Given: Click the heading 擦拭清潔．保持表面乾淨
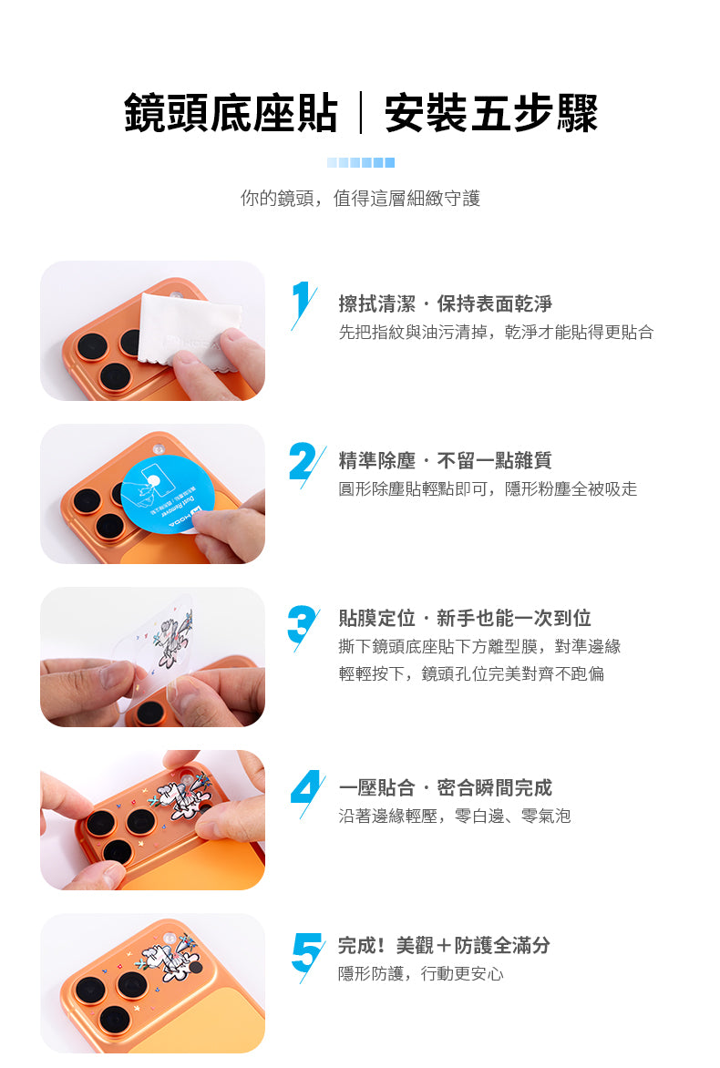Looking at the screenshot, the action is (x=446, y=303).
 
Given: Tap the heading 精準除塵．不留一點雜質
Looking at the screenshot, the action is (x=446, y=460).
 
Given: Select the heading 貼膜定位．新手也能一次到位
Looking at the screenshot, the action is (x=465, y=618).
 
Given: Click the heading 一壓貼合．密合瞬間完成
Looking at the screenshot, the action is (x=446, y=787).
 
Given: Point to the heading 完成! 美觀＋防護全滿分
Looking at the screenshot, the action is (x=444, y=945).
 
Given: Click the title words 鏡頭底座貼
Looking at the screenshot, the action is (x=231, y=112).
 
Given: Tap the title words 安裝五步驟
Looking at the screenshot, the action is (x=491, y=112).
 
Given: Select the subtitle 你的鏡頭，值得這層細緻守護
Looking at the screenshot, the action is (x=360, y=199).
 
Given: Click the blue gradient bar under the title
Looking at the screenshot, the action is (x=360, y=163).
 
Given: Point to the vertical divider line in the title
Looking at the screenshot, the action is (x=361, y=112).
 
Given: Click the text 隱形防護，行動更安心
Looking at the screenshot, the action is (x=421, y=974).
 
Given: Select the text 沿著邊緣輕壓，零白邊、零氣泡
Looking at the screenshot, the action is (x=455, y=816).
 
